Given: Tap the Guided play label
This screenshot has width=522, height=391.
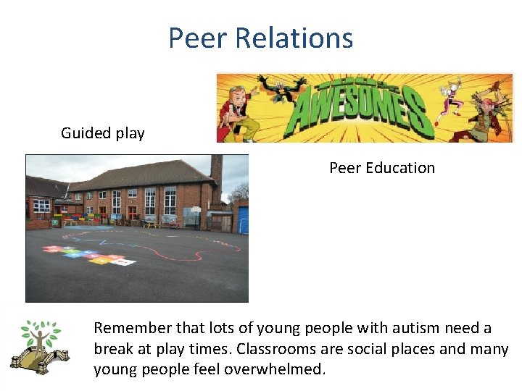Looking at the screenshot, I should tap(102, 133).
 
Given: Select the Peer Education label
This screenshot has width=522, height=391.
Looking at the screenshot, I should tap(382, 168).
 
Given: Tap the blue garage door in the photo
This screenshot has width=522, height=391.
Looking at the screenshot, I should tap(243, 220).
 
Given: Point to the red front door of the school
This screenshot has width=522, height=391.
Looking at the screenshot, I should tap(132, 212).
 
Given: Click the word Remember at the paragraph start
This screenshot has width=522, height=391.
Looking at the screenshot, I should tap(130, 328).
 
